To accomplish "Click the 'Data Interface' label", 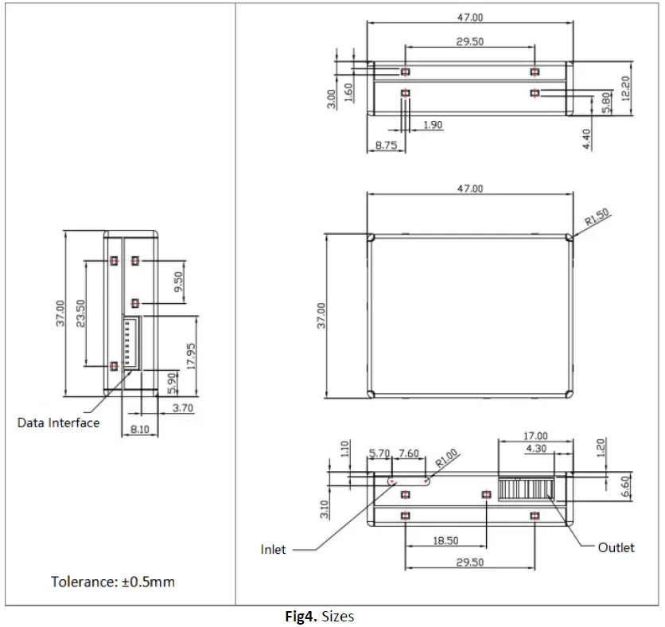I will coord(58,423).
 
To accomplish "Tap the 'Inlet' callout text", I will coord(273,549).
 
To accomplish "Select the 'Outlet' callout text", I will coord(616,547).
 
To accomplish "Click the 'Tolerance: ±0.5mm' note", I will coord(113,582).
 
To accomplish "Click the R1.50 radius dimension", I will coord(597,218).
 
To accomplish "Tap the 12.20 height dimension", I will coord(625,88).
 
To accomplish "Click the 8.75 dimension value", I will coord(386,146).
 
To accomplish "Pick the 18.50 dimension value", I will coord(445,541).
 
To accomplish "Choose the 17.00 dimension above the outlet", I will coord(535,435).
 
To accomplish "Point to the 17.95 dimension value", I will coord(190,356).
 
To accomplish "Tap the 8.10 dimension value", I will coord(140,428).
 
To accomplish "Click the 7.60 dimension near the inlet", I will coord(408,454).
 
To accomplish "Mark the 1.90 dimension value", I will coord(434,125).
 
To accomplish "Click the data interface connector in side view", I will coord(131,344).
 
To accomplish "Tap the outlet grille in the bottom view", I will coord(525,489).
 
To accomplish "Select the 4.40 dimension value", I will coord(586,139).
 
